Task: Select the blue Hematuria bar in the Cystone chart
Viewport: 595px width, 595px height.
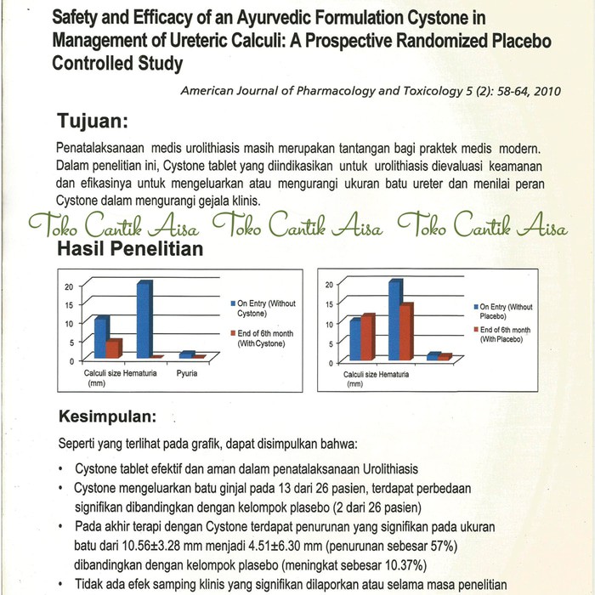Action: (x=144, y=318)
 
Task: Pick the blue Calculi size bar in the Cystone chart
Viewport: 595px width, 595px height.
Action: (x=102, y=337)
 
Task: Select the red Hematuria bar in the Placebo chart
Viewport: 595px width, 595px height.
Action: (x=406, y=331)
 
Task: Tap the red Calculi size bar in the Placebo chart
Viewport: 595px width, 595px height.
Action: (x=368, y=337)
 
